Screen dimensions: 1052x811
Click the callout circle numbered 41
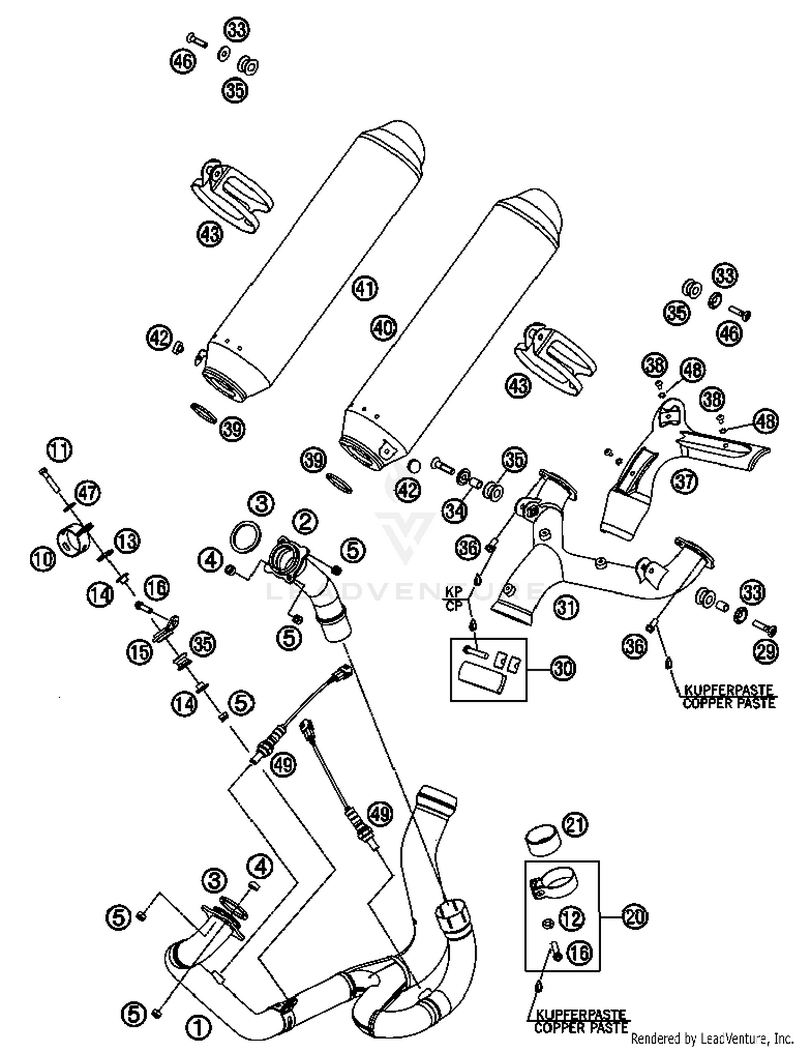pos(365,288)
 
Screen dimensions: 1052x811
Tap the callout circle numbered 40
pos(383,328)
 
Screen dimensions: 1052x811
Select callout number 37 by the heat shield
pos(684,481)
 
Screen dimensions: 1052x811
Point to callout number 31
pos(566,607)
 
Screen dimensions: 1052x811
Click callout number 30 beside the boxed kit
pos(563,669)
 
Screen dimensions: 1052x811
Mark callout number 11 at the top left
pos(59,450)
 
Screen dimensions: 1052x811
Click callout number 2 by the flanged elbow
pos(305,522)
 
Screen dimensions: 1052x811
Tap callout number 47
pos(87,493)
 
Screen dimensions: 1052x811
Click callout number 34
pos(455,510)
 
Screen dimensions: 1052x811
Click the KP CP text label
pos(454,599)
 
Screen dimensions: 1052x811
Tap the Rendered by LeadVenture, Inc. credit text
pos(712,1038)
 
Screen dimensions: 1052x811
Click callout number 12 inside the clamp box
pos(572,918)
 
